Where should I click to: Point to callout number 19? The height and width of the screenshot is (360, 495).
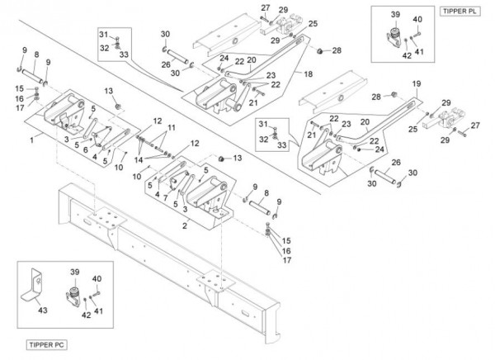417,83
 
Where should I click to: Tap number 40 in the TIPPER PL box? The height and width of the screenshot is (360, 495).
417,19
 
